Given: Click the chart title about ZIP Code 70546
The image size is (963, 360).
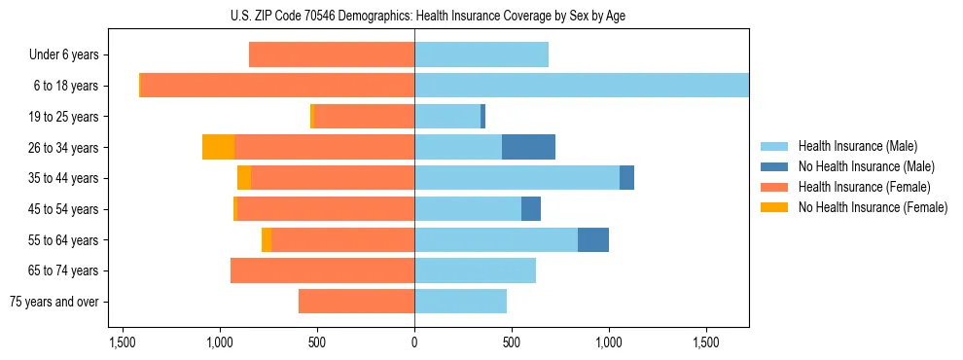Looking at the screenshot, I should coord(481,16).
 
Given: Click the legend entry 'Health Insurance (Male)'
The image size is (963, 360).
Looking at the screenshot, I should coord(857,146).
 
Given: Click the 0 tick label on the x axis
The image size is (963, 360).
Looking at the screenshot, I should coord(414,342).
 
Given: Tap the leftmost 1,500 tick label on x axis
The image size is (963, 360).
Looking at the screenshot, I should coord(123,342).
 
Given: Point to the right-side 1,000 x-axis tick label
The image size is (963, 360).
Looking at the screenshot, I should coord(609,342).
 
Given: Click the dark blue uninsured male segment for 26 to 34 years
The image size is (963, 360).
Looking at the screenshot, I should coord(528,148).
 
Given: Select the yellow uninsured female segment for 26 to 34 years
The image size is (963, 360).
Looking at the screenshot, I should coord(218,148).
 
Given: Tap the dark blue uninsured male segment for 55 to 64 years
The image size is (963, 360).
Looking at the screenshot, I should coord(593,240).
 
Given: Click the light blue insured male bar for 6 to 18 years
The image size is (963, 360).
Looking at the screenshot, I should coord(582,86).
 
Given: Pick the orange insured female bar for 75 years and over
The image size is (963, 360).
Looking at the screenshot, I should coord(356,302).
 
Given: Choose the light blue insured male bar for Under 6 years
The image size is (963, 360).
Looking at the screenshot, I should coord(481,55).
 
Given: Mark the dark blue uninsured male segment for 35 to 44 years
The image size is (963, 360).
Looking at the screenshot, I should coord(626,178).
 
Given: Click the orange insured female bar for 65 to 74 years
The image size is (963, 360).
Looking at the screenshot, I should coord(322,270).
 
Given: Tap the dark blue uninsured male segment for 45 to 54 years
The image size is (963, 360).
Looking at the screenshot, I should coord(531,209).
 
